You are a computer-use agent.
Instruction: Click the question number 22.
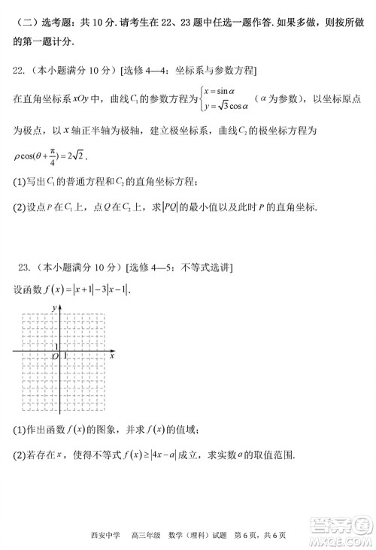(x=20, y=71)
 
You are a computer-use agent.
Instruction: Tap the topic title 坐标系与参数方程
(x=215, y=71)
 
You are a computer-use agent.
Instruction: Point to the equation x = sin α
(x=226, y=92)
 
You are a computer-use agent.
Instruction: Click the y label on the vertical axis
(x=53, y=307)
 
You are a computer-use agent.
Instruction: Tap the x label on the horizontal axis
(x=111, y=356)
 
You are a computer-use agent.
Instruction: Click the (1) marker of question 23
(x=20, y=429)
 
